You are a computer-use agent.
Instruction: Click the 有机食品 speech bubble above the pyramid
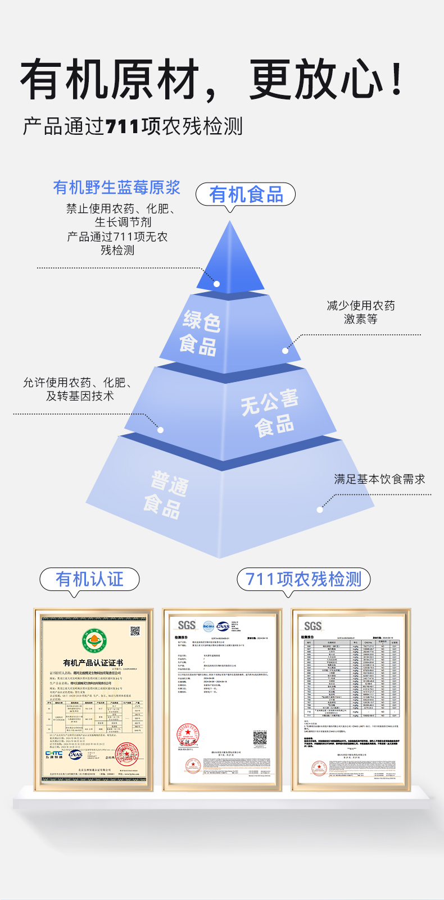[246, 194]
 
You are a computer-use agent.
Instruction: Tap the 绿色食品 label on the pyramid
[200, 331]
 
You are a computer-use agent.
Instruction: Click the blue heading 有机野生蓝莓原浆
[117, 188]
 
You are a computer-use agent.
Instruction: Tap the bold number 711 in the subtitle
[122, 126]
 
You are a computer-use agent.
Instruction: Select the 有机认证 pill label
[89, 579]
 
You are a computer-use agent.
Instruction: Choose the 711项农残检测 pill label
[303, 579]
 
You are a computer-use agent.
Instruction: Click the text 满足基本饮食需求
[379, 479]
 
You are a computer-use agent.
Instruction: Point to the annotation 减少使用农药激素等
[361, 312]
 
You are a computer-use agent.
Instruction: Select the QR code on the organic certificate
[135, 631]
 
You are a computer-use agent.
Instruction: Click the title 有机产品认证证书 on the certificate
[93, 663]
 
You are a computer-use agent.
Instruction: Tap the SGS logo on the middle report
[187, 625]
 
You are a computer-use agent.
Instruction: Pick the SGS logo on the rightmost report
[312, 626]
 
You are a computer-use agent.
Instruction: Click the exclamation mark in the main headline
[397, 80]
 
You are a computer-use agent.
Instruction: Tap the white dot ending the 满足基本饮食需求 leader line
[320, 510]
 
